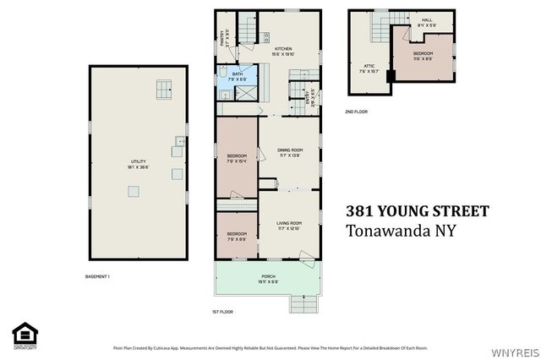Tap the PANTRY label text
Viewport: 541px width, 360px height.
[x=222, y=37]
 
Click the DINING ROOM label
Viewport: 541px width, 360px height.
[x=289, y=152]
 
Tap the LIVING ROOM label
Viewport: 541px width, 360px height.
[x=289, y=225]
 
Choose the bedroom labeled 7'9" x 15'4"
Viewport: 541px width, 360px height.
[x=237, y=158]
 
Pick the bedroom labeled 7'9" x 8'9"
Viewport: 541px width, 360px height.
[x=237, y=236]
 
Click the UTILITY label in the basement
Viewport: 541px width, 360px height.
[x=138, y=163]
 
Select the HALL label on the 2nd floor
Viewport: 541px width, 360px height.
[x=427, y=21]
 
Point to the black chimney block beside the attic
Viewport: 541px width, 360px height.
[x=390, y=76]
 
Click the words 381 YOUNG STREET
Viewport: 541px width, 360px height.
[x=418, y=210]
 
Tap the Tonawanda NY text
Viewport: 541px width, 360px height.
[x=402, y=231]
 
